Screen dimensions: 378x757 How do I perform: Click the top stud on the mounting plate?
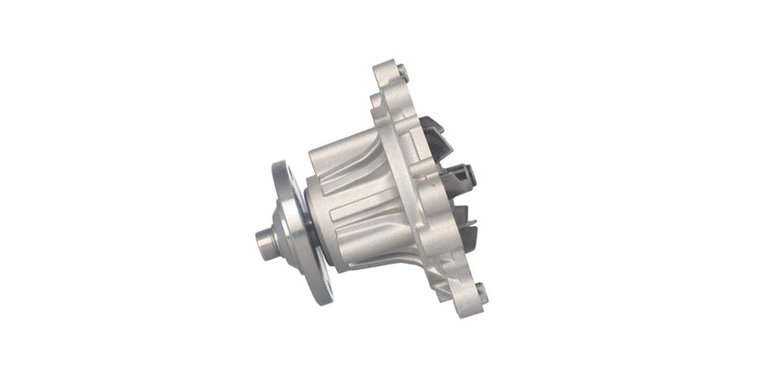tap(402, 71)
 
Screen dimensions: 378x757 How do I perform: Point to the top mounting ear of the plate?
tap(386, 74)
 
